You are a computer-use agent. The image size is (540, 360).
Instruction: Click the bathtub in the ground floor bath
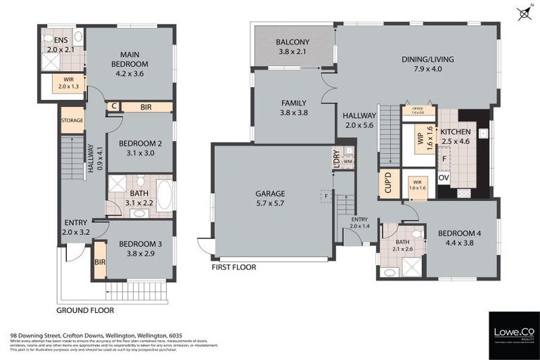point(164,195)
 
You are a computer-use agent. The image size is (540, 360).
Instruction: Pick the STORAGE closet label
point(72,120)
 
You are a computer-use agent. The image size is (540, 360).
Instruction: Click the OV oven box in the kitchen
point(443,178)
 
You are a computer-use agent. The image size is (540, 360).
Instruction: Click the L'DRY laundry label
point(336,157)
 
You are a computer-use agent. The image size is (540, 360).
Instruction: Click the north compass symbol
point(523,13)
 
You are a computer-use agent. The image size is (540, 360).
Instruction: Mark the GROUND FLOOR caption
point(84,309)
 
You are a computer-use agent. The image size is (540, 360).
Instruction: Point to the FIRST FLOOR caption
point(233,267)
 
